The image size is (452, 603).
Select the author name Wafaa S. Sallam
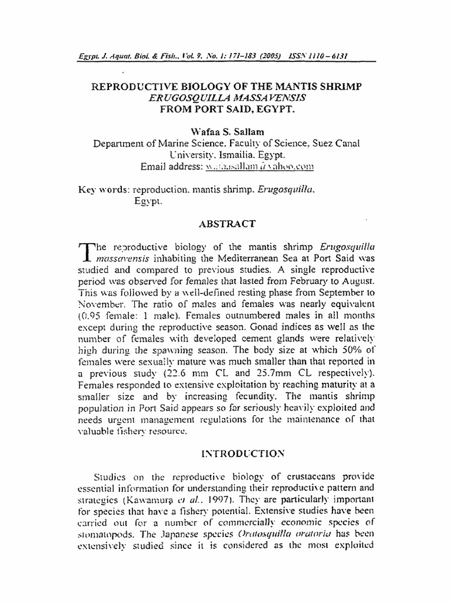(227, 130)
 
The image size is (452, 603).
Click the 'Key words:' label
(104, 190)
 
